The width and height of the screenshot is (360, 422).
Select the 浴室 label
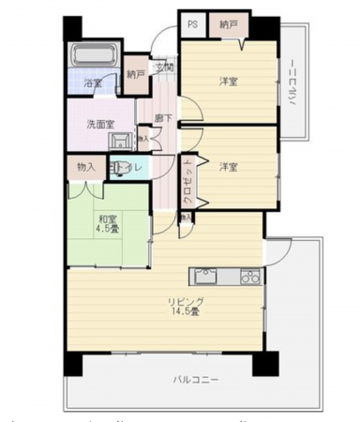tap(93, 83)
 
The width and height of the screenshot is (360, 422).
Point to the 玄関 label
tap(165, 68)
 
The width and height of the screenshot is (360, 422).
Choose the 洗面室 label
tap(99, 123)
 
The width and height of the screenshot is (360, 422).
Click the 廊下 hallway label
tap(163, 118)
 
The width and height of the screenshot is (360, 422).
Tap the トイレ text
tap(132, 167)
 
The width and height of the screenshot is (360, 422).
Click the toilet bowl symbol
tap(115, 167)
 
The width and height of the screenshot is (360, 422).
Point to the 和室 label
tap(106, 221)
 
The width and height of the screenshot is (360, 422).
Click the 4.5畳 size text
tap(106, 234)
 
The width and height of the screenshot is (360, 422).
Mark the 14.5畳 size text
tap(185, 313)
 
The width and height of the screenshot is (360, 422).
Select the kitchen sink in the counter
tap(205, 277)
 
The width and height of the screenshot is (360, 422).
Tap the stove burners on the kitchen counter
tap(248, 277)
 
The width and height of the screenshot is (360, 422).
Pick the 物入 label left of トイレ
tap(85, 167)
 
